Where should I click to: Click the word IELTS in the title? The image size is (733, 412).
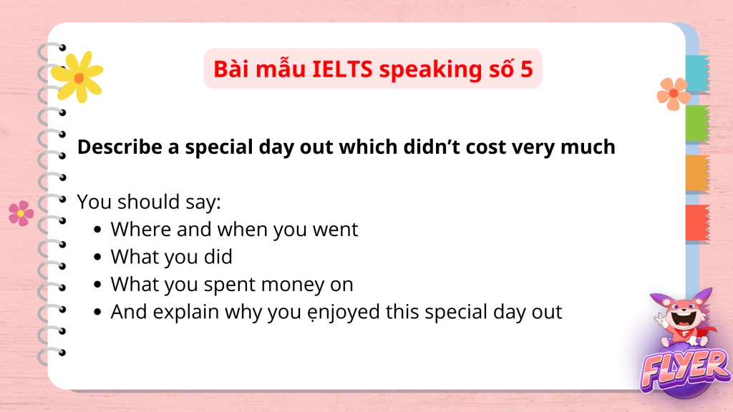tap(342, 69)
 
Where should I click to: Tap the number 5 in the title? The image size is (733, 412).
tap(526, 69)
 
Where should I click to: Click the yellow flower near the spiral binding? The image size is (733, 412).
tap(77, 77)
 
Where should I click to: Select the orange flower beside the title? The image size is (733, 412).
tap(674, 94)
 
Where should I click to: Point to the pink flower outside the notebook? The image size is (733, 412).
tap(21, 213)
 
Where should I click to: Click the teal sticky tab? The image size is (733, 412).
tap(698, 73)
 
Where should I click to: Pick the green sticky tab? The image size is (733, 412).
tap(698, 123)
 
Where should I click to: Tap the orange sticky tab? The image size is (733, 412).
tap(698, 173)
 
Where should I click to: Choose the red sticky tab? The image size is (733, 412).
tap(698, 223)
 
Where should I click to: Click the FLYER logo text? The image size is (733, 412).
tap(684, 371)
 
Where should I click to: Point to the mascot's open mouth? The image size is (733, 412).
tap(684, 318)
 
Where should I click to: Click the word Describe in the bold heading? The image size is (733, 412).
tap(120, 147)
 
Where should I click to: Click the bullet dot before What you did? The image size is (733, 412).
tap(97, 257)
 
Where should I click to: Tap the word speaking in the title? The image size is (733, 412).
tap(430, 70)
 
